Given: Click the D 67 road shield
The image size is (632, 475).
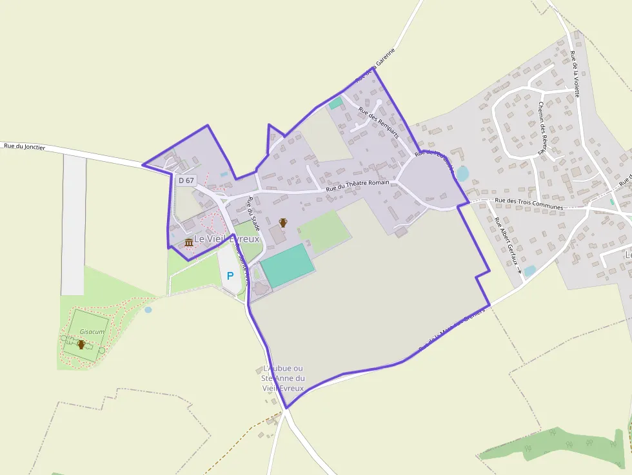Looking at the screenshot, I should click(186, 180).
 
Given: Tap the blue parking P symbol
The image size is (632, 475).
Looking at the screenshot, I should click(230, 276).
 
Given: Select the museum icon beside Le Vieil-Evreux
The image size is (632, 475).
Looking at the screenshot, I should click(189, 242).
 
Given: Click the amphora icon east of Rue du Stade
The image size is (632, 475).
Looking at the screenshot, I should click(282, 222).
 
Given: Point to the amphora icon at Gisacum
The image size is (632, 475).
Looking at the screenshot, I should click(81, 344).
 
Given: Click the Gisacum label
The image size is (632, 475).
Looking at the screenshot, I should click(92, 331).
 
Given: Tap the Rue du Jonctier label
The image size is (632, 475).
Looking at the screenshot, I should click(25, 147).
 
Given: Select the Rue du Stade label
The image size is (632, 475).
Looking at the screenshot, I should click(253, 213).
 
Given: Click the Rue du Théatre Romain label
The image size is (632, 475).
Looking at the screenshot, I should click(357, 186).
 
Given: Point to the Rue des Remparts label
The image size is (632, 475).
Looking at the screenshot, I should click(379, 122).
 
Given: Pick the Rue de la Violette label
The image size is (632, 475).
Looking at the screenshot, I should click(575, 73).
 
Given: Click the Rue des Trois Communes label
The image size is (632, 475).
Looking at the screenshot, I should click(529, 204).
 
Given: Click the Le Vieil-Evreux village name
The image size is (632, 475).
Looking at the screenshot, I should click(226, 238).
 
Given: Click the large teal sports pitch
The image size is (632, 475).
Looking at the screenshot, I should click(288, 266).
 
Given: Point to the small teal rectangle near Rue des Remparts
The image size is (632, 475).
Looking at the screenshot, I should click(335, 102).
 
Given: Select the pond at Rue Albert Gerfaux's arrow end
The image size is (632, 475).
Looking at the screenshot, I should click(529, 271).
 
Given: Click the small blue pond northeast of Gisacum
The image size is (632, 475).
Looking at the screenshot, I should click(148, 309).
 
